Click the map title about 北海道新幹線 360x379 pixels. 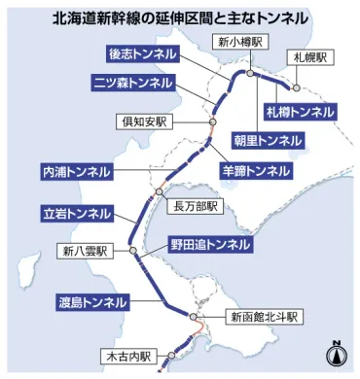180,17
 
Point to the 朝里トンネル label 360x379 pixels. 268,141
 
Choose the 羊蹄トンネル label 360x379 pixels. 256,170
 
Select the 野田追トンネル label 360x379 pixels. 211,243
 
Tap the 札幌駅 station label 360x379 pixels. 311,58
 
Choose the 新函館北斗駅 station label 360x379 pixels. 265,317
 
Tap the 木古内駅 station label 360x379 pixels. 127,357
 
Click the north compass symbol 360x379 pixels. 335,352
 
